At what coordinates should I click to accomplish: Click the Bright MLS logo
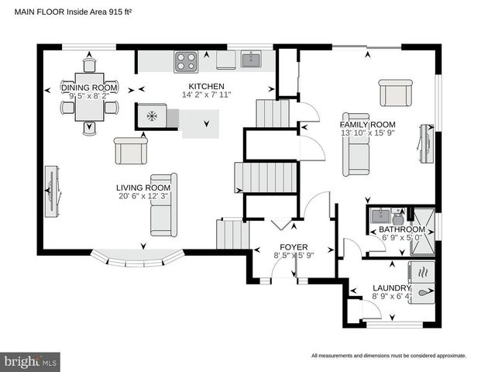click(x=31, y=361)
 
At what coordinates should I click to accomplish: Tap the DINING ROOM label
click(x=89, y=88)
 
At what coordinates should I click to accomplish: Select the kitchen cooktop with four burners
click(x=186, y=59)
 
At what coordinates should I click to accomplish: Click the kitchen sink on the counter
click(x=250, y=59)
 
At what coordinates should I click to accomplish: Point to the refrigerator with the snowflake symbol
click(x=152, y=116)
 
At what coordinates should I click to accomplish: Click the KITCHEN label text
click(x=206, y=86)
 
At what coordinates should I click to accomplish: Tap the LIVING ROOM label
click(x=143, y=188)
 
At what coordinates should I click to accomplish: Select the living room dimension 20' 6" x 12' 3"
click(x=143, y=197)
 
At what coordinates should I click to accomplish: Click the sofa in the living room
click(x=163, y=205)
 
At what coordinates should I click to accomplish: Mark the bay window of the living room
click(x=143, y=260)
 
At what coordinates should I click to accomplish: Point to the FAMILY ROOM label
click(x=367, y=124)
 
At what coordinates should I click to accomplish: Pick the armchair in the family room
click(x=395, y=93)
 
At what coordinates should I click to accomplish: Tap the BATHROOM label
click(x=401, y=230)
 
